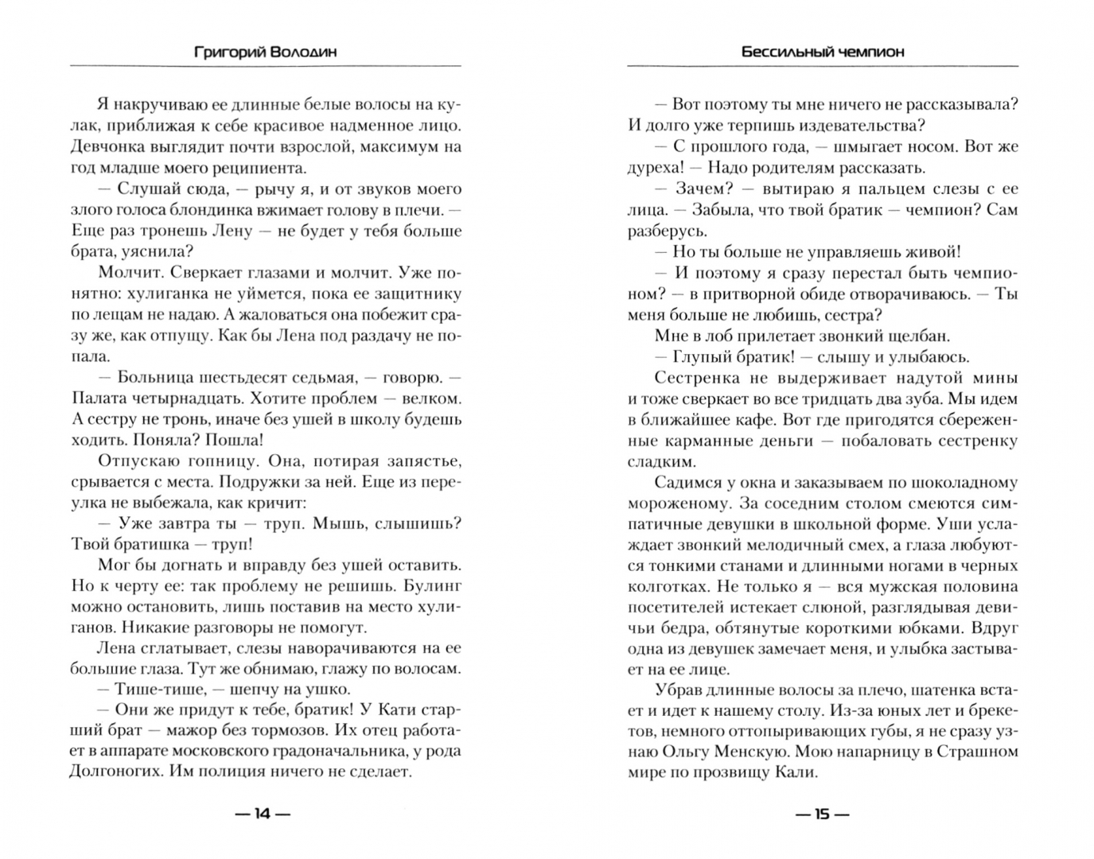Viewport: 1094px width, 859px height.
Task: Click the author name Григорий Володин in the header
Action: (265, 52)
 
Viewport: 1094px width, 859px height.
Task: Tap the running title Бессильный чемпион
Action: (823, 52)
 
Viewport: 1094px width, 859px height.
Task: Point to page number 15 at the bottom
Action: (822, 814)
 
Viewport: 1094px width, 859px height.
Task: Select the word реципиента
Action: (237, 168)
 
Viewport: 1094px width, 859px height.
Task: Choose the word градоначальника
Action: (341, 751)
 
